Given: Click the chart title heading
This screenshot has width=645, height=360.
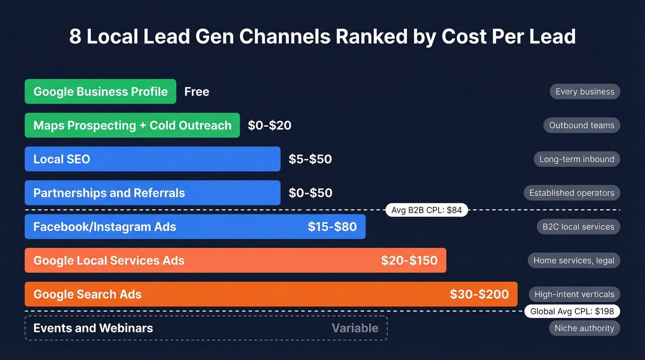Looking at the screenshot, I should (x=322, y=37).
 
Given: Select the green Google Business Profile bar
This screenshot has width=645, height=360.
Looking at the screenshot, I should (x=100, y=91).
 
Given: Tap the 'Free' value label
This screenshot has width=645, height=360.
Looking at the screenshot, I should (x=197, y=92).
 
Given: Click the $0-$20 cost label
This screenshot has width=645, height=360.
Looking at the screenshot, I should (x=270, y=125).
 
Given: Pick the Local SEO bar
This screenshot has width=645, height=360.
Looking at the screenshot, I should (x=152, y=159).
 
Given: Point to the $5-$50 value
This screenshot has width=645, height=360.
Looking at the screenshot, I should (x=310, y=159).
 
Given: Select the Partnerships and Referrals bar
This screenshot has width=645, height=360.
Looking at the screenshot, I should (x=152, y=193).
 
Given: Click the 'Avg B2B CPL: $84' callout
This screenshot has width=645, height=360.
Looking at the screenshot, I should (x=427, y=210).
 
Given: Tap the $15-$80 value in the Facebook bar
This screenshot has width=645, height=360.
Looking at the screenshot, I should (x=332, y=227).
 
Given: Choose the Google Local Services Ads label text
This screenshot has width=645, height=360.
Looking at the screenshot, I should (x=109, y=260).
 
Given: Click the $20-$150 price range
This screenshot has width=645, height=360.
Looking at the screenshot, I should (x=409, y=260).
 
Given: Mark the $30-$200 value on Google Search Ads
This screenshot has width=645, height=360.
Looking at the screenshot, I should (x=479, y=294).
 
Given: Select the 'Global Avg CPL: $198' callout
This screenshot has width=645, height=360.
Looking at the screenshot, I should (x=572, y=311).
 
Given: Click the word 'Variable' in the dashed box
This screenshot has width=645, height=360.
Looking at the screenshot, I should (x=355, y=328).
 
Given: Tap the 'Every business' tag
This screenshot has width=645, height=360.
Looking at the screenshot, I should (x=585, y=92).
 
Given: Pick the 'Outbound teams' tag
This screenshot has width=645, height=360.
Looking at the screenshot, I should (x=581, y=125).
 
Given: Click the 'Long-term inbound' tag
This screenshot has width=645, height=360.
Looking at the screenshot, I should (x=577, y=159).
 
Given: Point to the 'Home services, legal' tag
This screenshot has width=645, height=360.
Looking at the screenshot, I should (x=574, y=260).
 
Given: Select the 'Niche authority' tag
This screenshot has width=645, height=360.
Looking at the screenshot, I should (x=584, y=328).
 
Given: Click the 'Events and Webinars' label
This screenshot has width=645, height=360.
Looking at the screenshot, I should (x=93, y=328).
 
